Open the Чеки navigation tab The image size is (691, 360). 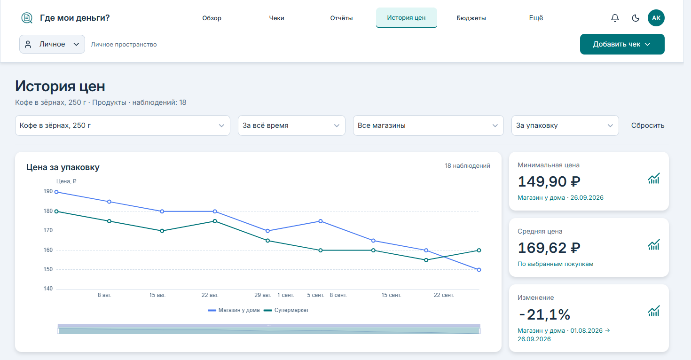click(276, 18)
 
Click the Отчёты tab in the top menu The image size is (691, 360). click(341, 18)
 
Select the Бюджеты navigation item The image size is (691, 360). click(471, 18)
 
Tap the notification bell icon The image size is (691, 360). click(615, 18)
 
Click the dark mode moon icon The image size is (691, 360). click(636, 18)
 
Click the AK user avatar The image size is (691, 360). click(656, 18)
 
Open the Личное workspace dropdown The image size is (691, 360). click(52, 44)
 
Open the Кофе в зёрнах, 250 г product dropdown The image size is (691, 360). click(123, 125)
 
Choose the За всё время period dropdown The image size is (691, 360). click(291, 125)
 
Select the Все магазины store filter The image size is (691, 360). click(428, 125)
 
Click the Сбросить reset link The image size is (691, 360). click(647, 125)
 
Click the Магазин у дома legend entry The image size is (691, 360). click(234, 310)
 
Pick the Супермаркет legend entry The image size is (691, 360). click(286, 310)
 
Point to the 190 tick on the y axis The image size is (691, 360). click(48, 191)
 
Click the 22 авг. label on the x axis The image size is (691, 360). click(210, 295)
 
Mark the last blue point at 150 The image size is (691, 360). click(479, 270)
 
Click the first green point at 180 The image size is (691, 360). click(56, 211)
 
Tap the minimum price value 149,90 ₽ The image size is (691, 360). click(549, 181)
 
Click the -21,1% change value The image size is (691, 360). click(544, 315)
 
